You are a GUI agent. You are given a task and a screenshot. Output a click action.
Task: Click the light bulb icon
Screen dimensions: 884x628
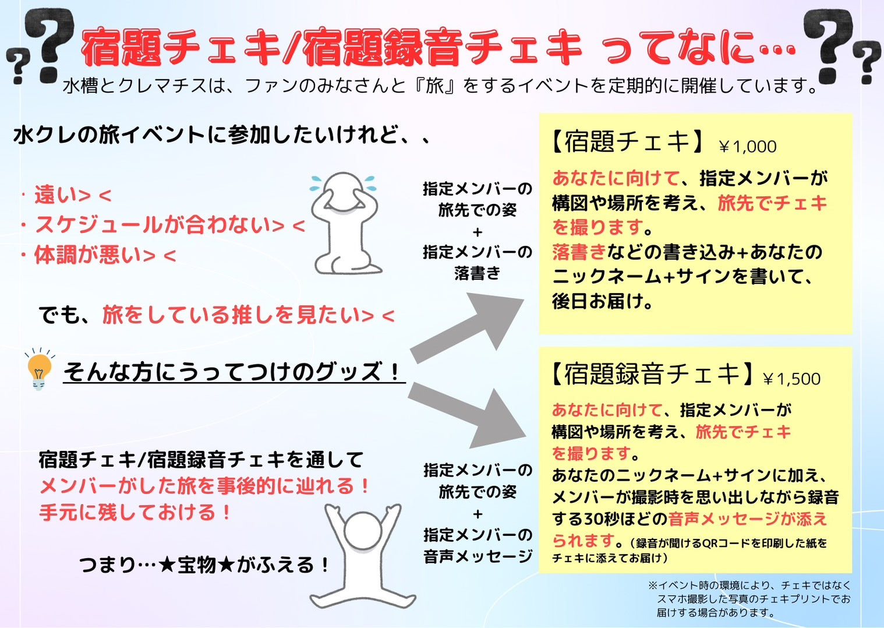(x=38, y=370)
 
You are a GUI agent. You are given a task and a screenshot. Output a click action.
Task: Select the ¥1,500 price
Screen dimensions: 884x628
(x=791, y=379)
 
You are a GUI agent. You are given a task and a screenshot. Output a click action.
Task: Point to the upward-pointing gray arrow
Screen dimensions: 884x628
(x=468, y=327)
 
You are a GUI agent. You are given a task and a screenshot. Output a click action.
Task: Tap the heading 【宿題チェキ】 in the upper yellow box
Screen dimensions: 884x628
(x=628, y=142)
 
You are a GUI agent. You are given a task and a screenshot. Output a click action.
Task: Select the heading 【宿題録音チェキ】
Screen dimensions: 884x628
(x=653, y=373)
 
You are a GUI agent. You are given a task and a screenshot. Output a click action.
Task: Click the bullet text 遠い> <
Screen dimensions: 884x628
(x=73, y=195)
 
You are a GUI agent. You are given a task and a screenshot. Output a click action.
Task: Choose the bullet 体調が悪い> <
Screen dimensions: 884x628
(x=105, y=255)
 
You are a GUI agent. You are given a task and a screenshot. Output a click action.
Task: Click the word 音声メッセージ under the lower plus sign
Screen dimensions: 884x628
(x=478, y=556)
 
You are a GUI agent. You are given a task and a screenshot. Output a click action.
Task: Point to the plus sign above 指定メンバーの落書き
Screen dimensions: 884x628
(x=478, y=232)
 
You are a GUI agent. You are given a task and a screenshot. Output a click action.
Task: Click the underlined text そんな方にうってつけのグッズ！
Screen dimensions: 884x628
(x=233, y=372)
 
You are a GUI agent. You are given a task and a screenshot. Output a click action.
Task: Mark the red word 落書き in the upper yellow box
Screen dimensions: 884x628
(x=579, y=252)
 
